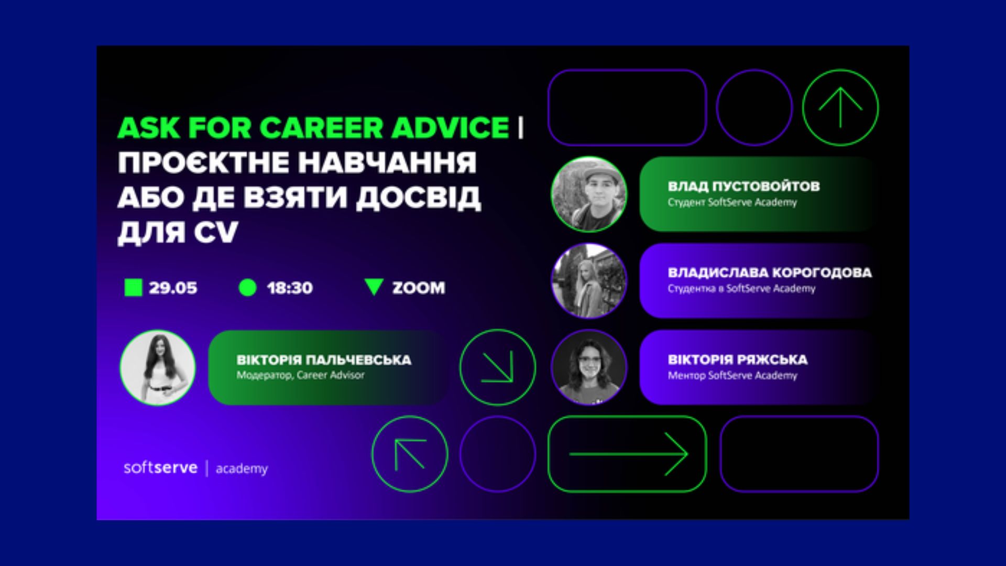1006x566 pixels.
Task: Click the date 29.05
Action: coord(173,288)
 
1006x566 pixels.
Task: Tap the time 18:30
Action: coord(290,288)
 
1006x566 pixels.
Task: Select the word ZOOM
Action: coord(419,288)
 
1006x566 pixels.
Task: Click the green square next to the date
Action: coord(133,288)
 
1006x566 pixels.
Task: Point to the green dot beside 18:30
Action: coord(247,288)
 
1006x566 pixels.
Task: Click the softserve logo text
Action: coord(160,467)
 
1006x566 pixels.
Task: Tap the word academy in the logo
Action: coord(242,469)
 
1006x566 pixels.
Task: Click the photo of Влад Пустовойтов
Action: coord(589,194)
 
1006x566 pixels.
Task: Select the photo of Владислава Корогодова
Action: coord(589,281)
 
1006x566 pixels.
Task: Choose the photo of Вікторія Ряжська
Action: coord(589,367)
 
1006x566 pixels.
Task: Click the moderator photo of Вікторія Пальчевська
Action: coord(158,367)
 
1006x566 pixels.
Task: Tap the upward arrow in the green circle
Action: coord(840,107)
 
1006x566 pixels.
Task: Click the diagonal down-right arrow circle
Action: coord(498,367)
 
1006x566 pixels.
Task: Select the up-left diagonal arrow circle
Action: coord(410,454)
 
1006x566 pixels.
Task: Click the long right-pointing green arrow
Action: coord(628,454)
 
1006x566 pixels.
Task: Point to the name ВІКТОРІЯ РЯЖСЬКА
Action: coord(738,360)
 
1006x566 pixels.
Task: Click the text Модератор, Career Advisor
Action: coord(300,375)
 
